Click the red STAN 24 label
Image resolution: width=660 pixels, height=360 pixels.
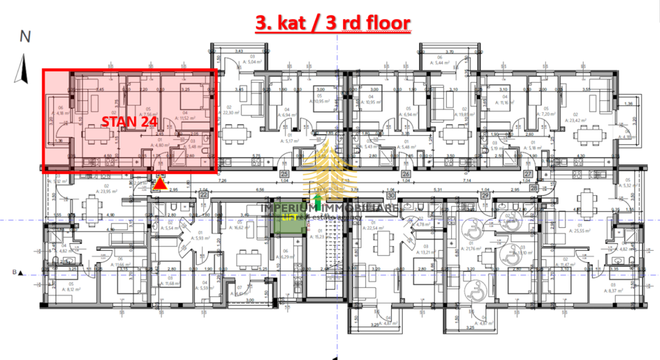click(x=129, y=121)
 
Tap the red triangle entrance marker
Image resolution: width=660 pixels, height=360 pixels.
click(x=160, y=184)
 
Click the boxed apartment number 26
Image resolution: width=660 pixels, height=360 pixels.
click(x=406, y=174)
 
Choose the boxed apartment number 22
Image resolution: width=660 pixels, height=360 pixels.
click(x=203, y=195)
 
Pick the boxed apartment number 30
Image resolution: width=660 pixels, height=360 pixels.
click(x=391, y=195)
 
